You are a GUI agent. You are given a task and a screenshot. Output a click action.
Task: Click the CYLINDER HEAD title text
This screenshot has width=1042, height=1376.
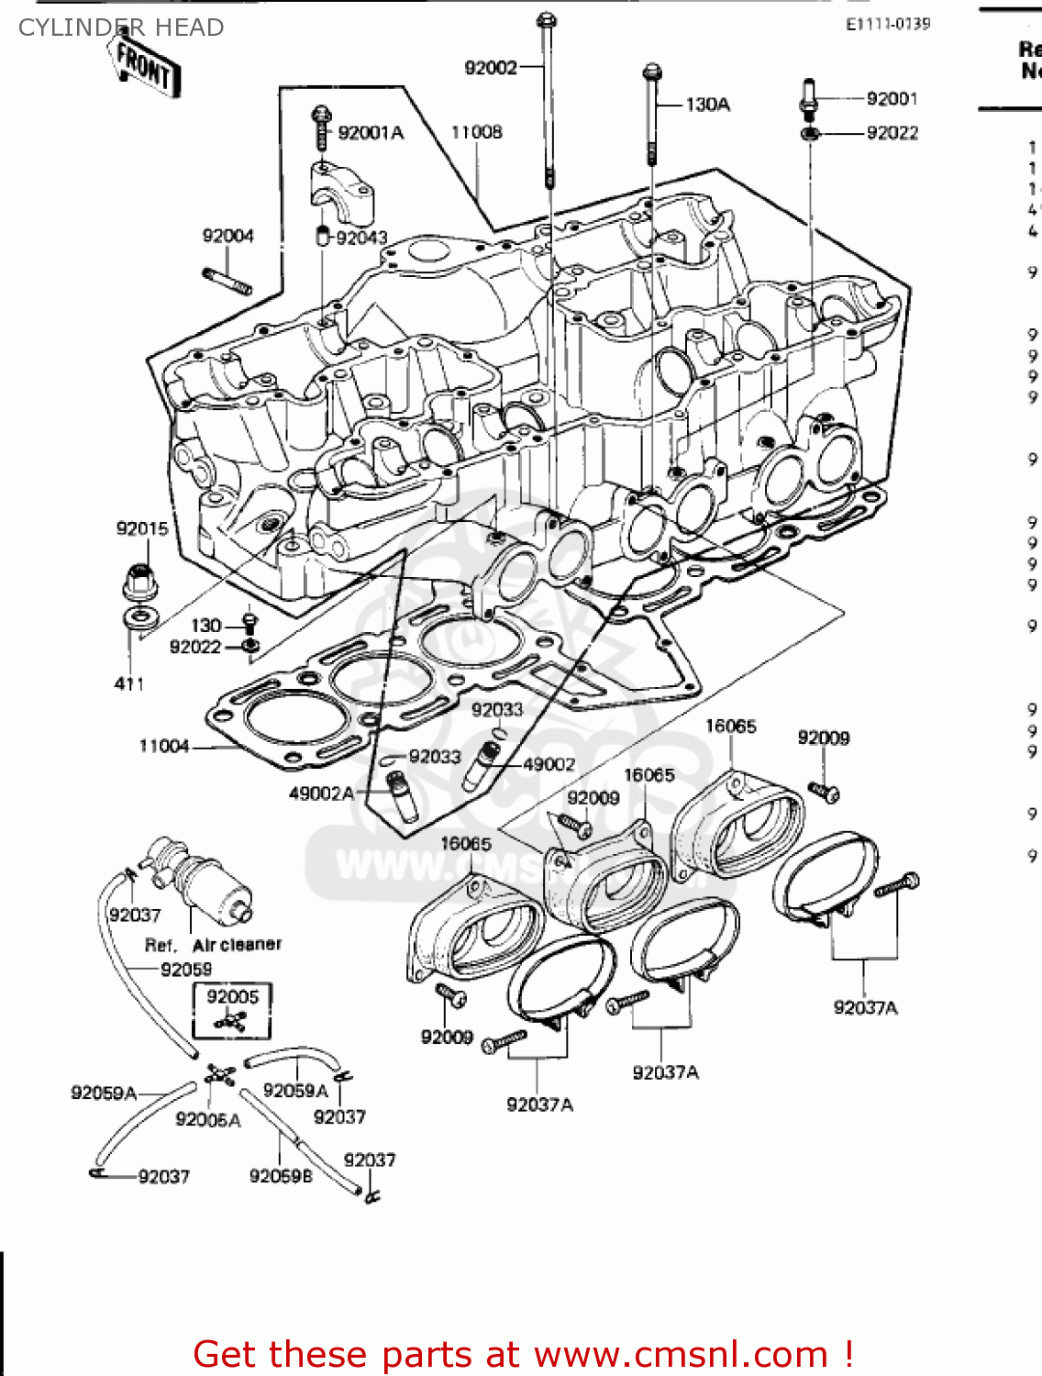(x=121, y=28)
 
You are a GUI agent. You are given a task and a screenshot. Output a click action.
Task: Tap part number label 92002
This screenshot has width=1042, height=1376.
(x=491, y=68)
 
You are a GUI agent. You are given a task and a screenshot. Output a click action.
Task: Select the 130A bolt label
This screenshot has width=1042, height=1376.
(x=707, y=105)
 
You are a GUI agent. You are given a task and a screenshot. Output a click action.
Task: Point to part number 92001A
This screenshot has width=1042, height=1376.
(x=371, y=133)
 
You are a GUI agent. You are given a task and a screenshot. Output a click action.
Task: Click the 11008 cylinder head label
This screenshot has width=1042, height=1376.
(x=476, y=132)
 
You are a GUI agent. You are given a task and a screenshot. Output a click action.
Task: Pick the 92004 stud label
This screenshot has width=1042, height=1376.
(x=227, y=236)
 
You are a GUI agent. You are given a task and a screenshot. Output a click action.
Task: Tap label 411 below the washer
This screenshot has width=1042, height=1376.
(x=129, y=683)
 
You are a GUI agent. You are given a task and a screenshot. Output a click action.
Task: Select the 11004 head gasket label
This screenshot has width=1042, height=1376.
(x=164, y=746)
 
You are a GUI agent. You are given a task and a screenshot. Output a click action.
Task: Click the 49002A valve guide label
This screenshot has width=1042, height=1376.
(x=322, y=793)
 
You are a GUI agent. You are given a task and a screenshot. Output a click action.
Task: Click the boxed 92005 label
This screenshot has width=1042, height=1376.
(x=232, y=997)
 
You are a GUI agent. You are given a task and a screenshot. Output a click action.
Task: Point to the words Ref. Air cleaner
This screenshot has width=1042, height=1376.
(x=213, y=945)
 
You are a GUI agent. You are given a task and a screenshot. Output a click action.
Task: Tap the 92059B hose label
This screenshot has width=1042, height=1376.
(x=281, y=1176)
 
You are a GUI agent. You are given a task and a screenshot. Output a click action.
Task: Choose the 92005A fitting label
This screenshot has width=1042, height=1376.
(x=208, y=1119)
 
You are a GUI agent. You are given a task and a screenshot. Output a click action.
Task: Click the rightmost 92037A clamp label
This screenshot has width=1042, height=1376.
(x=865, y=1007)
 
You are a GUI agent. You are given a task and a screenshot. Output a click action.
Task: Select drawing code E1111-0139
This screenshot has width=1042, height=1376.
(x=887, y=24)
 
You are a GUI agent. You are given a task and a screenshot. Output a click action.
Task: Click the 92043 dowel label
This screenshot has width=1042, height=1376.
(x=361, y=238)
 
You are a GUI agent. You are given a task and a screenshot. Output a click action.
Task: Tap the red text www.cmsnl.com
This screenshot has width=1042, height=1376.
(x=681, y=1354)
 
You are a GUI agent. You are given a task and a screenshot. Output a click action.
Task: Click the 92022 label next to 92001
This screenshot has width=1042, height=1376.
(x=892, y=133)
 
